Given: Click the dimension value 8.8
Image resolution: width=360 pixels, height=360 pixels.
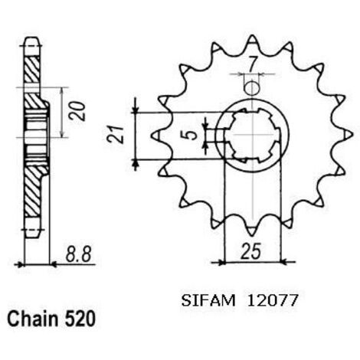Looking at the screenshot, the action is (x=78, y=254).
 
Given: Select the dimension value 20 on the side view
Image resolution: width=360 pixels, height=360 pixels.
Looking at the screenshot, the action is (x=77, y=111).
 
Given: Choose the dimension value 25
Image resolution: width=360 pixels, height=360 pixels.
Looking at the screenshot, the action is (x=251, y=251).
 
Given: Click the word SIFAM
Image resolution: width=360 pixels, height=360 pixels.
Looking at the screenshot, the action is (x=208, y=300).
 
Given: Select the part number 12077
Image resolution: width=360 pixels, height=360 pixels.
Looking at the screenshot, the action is (x=273, y=300).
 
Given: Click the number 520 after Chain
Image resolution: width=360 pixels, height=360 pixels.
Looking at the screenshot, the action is (x=80, y=319).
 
